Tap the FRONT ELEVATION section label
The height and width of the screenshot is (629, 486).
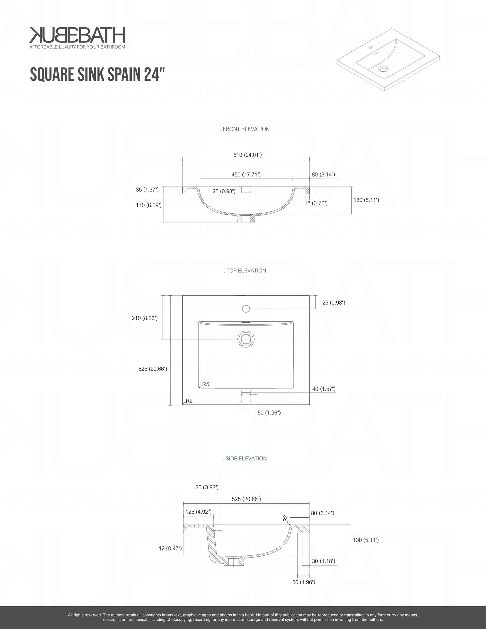click(x=245, y=129)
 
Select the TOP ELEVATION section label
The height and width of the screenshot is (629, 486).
click(x=245, y=271)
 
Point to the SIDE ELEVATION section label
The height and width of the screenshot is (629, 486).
click(x=245, y=458)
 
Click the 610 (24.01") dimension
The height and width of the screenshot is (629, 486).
click(x=248, y=155)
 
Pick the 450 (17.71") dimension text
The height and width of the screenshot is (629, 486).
click(x=246, y=174)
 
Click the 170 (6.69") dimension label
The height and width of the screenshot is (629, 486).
click(x=149, y=205)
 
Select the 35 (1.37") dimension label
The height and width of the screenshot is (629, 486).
click(x=147, y=190)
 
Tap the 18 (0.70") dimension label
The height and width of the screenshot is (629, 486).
click(x=316, y=203)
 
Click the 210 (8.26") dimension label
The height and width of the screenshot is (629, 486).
click(x=145, y=318)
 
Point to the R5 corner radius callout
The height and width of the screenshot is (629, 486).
click(x=205, y=384)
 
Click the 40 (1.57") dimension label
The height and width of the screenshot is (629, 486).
click(x=324, y=389)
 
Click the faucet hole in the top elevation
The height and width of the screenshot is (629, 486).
click(x=246, y=308)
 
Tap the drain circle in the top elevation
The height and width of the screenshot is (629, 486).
click(x=246, y=339)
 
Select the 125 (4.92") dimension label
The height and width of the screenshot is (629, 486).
click(x=198, y=512)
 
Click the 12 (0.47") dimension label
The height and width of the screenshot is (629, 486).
click(x=170, y=548)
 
